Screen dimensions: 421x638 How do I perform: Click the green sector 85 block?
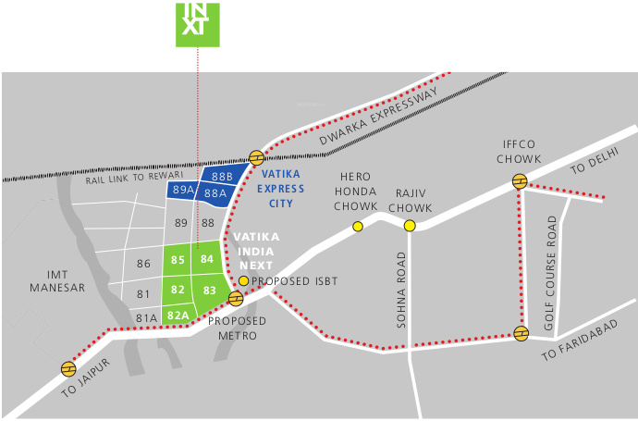pos(178,260)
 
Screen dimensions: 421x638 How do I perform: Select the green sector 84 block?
pos(207,259)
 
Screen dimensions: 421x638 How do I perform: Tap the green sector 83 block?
pos(210,291)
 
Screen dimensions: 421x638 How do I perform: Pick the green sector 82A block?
pos(178,316)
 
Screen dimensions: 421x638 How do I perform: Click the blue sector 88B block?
pos(223,175)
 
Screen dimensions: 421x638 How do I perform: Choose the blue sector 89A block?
pos(182,190)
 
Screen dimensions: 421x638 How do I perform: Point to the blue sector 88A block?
pos(215,193)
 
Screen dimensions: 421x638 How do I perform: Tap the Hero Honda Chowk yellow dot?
pos(358,226)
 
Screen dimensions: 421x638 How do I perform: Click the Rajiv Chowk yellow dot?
pos(410,225)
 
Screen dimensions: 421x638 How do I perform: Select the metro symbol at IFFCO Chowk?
pos(521,181)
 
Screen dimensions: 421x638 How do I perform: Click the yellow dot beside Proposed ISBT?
pos(243,280)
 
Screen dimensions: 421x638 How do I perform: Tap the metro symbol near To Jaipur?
pos(68,368)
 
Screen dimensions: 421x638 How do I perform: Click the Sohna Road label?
pos(402,290)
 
